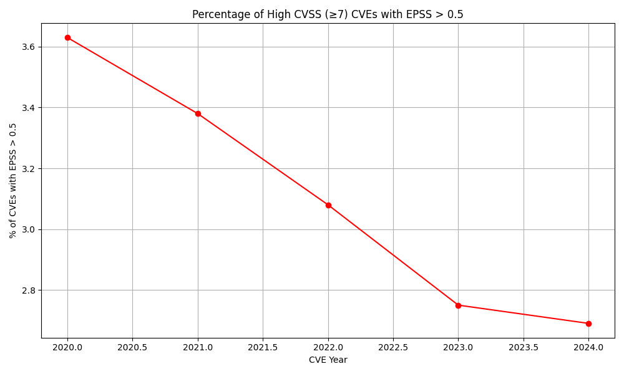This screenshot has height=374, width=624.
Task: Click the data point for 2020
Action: tap(67, 37)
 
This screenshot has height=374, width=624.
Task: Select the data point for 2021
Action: tap(198, 113)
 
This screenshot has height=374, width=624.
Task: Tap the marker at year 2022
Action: tap(328, 205)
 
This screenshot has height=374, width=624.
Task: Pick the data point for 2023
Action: tap(458, 305)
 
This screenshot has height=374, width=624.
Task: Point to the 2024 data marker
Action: tap(588, 324)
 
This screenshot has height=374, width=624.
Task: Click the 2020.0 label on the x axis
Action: tap(67, 347)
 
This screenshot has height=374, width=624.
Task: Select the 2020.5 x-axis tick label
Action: tap(132, 347)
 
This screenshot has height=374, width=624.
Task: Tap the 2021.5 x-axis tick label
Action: tap(263, 347)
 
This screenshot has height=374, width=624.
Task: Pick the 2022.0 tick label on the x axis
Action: tap(328, 347)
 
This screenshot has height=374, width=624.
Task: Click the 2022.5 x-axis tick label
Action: tap(393, 347)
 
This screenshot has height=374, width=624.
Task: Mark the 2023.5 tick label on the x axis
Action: tap(524, 347)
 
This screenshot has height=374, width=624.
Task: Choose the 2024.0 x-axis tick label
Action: tap(588, 347)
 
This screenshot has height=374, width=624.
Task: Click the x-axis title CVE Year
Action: tap(328, 360)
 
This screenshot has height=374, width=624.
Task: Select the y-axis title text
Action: tap(13, 180)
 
